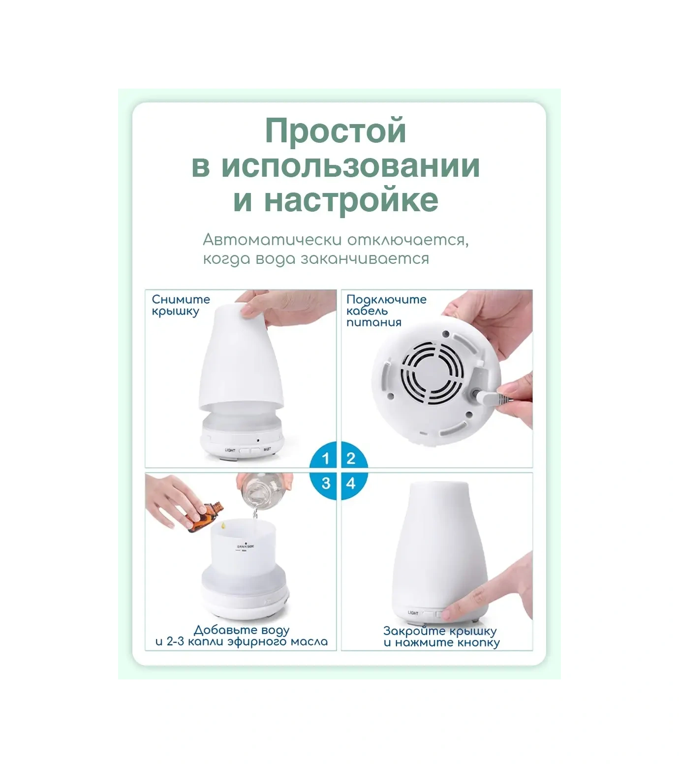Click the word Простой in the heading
coord(336,131)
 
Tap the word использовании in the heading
coord(350,166)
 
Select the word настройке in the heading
coord(351,200)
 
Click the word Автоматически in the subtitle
coord(272,240)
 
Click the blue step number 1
coord(325,459)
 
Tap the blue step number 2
coord(351,459)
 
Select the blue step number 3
coord(325,483)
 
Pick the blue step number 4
coord(351,483)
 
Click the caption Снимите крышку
coord(180,305)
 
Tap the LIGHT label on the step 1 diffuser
coord(230,450)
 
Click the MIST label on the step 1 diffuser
coord(267,449)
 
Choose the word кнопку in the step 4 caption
coord(478,642)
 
